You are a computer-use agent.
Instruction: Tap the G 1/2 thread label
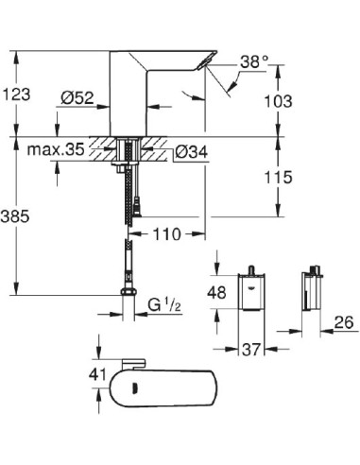(167, 306)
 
